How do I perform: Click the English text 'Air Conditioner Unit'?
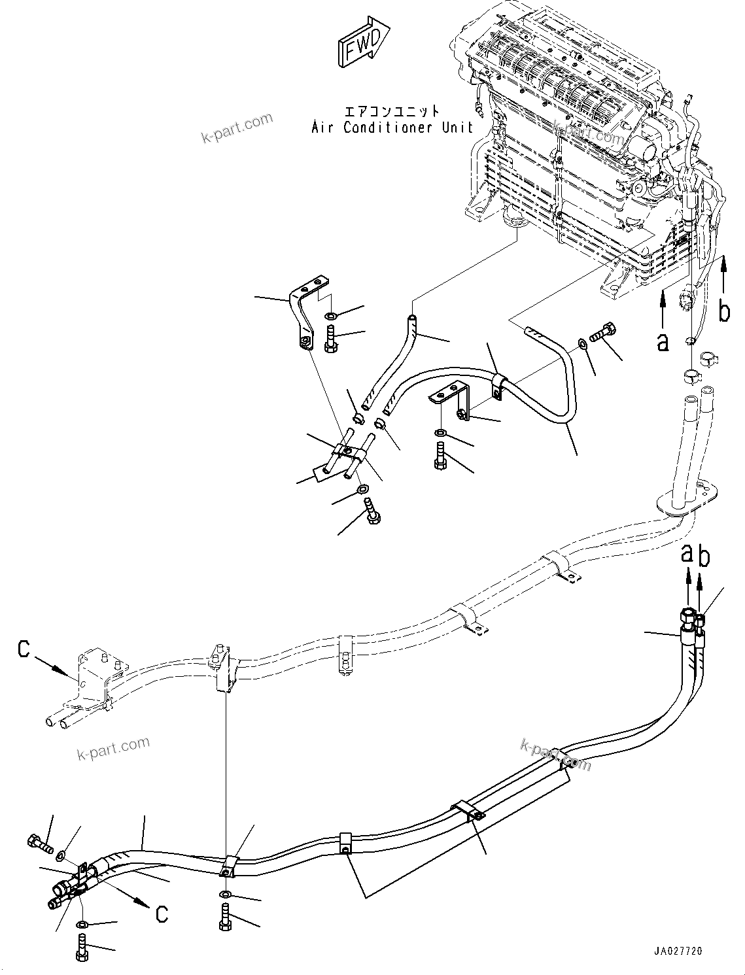point(392,128)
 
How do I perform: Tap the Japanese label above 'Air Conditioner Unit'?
point(392,112)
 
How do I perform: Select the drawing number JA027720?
point(677,951)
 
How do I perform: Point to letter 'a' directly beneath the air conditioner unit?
point(663,340)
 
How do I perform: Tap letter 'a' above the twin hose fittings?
point(687,553)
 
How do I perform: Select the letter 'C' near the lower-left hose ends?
point(162,914)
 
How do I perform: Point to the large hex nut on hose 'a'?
point(687,616)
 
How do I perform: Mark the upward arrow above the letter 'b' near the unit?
point(724,275)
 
